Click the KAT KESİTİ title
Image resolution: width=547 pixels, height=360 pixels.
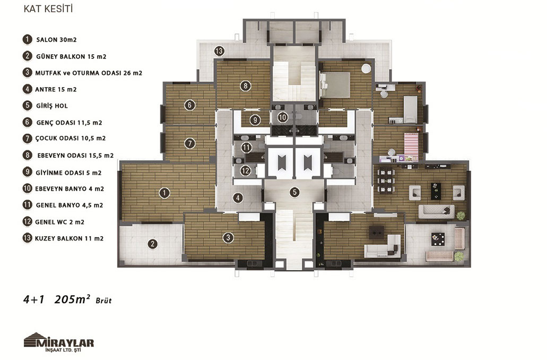click(x=48, y=9)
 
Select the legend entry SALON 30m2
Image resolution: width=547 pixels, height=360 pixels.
click(x=57, y=40)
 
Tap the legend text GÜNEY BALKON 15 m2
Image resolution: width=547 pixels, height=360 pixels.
click(x=71, y=57)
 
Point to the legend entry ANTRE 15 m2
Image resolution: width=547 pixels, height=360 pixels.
click(x=56, y=89)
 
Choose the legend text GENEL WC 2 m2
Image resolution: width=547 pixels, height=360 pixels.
click(x=59, y=222)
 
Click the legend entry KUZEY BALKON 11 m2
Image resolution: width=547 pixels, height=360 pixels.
click(x=69, y=239)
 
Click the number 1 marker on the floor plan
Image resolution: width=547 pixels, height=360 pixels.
click(x=164, y=193)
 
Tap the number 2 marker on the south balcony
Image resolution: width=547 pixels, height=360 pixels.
click(x=152, y=244)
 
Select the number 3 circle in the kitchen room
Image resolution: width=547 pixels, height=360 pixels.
click(x=228, y=238)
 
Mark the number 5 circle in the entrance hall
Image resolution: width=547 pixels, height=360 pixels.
click(x=294, y=192)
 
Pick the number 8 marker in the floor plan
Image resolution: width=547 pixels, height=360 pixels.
click(x=246, y=85)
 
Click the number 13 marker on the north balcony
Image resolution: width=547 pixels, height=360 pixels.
click(x=219, y=51)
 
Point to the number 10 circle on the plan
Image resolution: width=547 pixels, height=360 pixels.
click(x=283, y=117)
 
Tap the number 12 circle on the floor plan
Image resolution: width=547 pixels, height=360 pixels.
click(x=246, y=171)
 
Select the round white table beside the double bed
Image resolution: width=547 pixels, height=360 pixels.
click(x=366, y=69)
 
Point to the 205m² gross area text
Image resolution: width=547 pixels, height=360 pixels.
click(x=72, y=299)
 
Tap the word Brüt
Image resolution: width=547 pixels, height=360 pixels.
click(x=103, y=301)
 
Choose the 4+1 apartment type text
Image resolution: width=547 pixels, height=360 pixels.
click(x=34, y=299)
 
